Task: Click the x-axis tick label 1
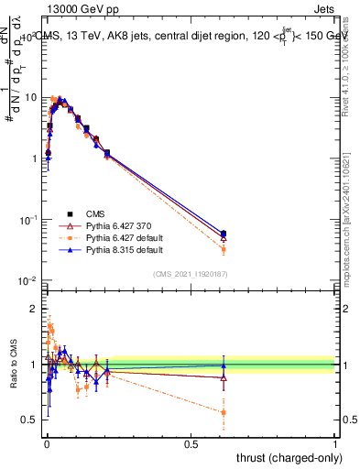(334, 444)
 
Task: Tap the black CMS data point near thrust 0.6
(224, 234)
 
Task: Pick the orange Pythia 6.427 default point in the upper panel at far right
(224, 249)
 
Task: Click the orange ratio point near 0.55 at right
(224, 412)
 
